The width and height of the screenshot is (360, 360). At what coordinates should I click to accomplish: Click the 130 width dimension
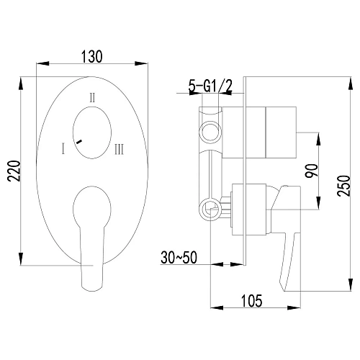[92, 57]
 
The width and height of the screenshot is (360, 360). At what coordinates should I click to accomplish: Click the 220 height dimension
[14, 171]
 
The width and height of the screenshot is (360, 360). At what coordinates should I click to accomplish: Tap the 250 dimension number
[343, 186]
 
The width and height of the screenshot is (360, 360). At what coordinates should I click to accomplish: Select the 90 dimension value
[311, 171]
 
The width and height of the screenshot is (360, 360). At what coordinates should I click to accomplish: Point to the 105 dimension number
[251, 301]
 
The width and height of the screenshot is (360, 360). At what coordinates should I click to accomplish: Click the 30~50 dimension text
[179, 257]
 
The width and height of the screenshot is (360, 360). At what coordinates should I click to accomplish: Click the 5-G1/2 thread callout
[210, 86]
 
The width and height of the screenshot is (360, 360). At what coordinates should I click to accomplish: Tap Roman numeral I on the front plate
[63, 148]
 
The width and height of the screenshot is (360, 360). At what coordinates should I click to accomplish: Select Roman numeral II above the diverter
[92, 98]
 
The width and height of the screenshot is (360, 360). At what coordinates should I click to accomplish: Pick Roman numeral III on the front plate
[119, 149]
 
